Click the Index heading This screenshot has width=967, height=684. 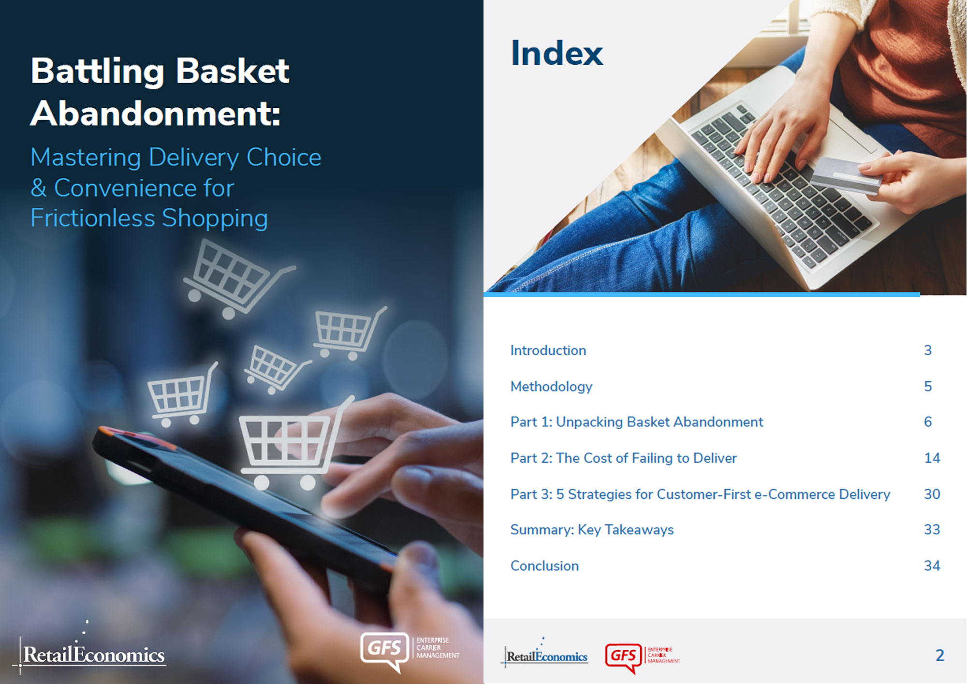557,53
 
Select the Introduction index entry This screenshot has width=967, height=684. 548,350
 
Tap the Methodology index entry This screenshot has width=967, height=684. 551,387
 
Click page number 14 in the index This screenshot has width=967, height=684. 932,458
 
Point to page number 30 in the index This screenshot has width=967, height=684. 932,494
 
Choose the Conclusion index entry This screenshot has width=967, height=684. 544,566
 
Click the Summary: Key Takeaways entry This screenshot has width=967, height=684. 592,530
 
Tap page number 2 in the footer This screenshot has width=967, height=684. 939,655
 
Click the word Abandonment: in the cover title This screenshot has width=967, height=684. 155,114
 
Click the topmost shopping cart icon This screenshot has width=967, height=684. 237,278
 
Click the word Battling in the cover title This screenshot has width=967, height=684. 97,71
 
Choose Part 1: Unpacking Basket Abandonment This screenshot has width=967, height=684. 637,422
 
